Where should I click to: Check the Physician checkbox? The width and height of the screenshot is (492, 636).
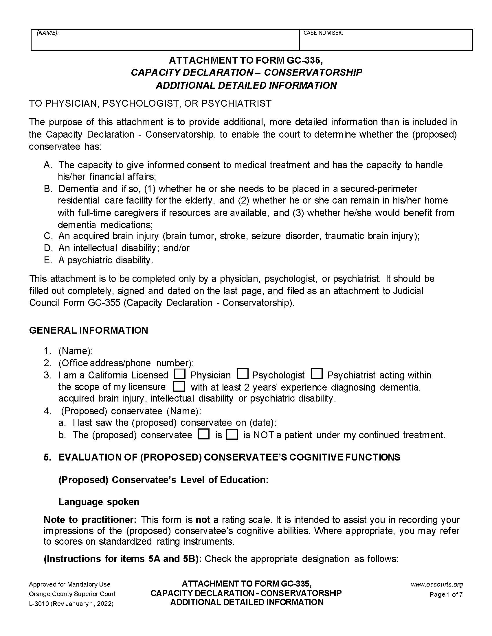(179, 374)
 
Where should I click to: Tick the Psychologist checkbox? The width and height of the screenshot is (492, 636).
(243, 374)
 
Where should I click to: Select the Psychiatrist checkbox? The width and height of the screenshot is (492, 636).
(317, 374)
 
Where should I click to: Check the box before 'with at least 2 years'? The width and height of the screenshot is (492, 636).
(179, 387)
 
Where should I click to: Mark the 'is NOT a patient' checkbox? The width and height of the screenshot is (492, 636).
(232, 435)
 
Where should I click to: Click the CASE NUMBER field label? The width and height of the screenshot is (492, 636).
(323, 33)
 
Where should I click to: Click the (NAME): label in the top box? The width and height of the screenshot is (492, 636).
(47, 33)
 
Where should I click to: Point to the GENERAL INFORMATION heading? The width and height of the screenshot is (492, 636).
(89, 330)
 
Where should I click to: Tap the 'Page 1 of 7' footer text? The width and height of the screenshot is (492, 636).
(446, 594)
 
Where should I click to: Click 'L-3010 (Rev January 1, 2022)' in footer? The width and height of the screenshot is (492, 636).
(71, 604)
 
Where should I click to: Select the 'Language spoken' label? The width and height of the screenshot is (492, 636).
(99, 502)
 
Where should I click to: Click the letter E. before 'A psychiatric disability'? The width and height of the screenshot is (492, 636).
(47, 260)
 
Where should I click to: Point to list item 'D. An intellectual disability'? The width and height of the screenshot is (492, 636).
(117, 248)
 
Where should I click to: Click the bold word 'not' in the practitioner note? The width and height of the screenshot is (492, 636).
(203, 520)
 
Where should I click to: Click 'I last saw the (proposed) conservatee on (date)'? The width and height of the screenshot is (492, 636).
(174, 423)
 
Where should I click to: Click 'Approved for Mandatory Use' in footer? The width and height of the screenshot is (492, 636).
(70, 585)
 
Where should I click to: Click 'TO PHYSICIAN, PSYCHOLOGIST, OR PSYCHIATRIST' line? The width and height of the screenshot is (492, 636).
(150, 103)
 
